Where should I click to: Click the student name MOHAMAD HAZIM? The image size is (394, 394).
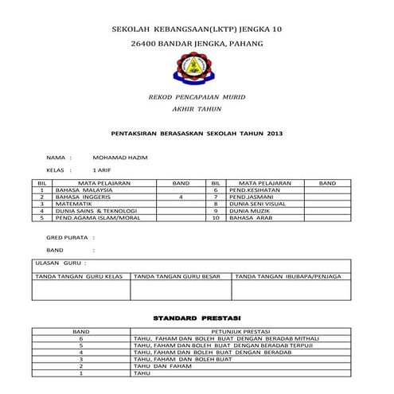click(120, 158)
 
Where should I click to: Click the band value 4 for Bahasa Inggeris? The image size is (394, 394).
click(181, 197)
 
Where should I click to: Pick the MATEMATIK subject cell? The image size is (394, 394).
click(74, 204)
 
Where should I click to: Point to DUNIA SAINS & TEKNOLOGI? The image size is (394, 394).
click(94, 210)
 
